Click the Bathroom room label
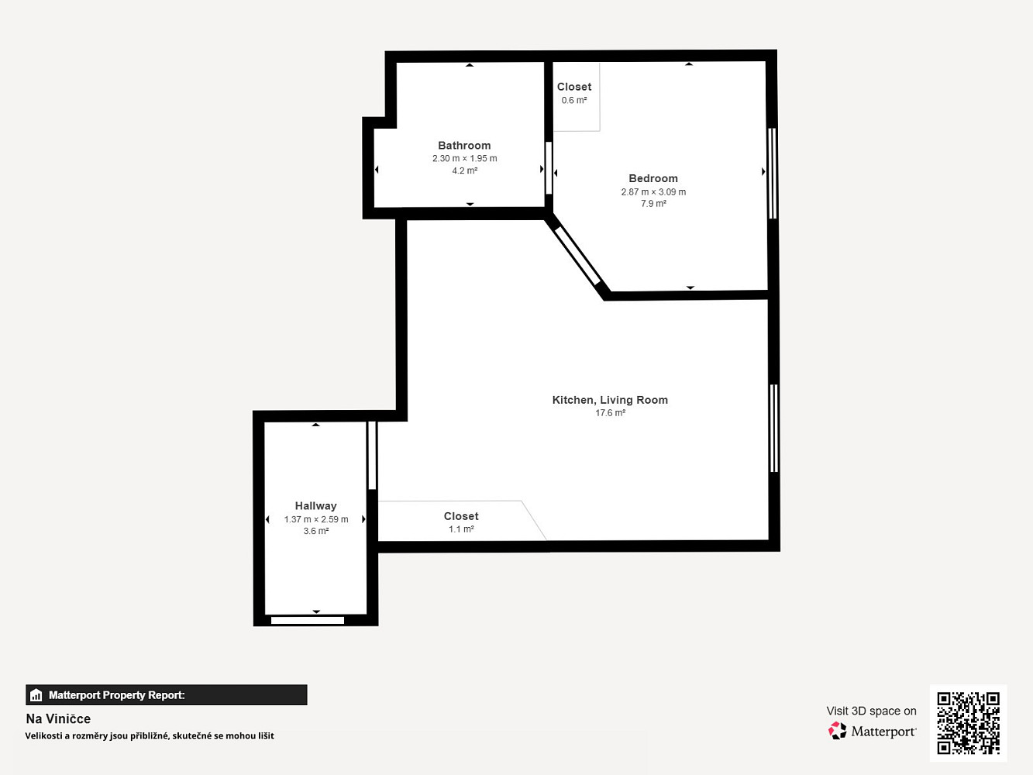point(464,146)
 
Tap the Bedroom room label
point(653,178)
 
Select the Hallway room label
point(315,506)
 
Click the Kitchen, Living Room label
point(610,400)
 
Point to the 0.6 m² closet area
point(574,100)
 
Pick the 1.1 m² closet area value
point(461,529)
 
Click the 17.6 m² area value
point(610,412)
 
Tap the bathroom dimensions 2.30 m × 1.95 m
point(464,159)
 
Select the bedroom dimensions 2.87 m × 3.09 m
point(653,192)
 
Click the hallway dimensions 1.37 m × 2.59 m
point(315,519)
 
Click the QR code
point(968,723)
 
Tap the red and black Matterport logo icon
point(837,731)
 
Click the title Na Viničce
point(58,718)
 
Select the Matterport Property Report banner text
point(117,695)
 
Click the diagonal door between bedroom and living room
point(577,257)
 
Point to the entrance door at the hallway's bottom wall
point(308,620)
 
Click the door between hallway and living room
point(372,455)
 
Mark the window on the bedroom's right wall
point(772,173)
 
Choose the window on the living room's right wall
point(773,429)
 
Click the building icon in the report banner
point(36,695)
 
